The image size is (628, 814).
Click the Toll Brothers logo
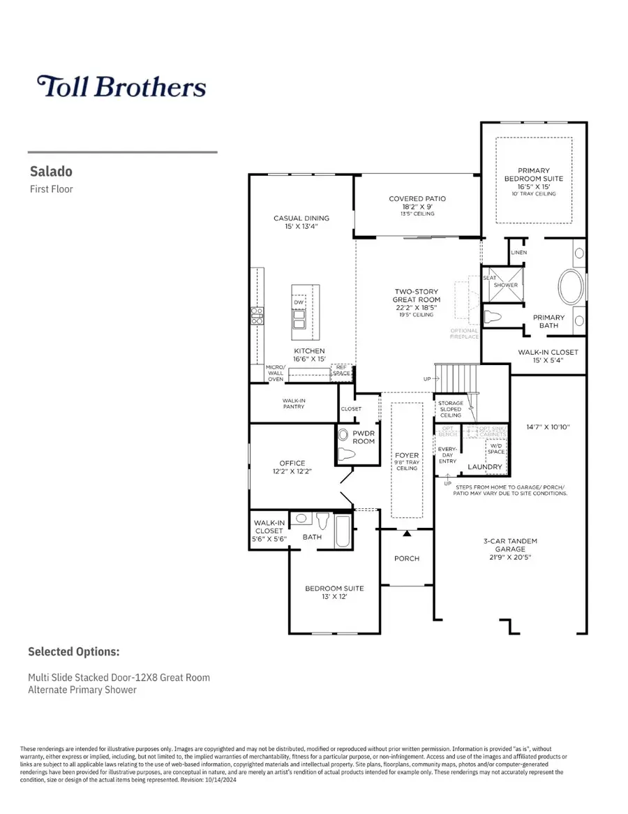121,87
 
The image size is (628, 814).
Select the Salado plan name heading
51,171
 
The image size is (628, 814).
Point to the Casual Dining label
301,222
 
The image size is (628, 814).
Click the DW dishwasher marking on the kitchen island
298,302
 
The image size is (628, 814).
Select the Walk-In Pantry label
293,404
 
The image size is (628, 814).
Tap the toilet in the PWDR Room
347,453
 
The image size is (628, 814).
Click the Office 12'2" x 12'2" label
292,467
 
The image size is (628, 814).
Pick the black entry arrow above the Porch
406,534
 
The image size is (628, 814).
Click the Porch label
406,558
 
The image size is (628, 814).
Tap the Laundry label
484,467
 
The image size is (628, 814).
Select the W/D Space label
497,448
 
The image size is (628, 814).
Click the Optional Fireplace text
464,334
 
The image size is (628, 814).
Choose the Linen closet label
518,252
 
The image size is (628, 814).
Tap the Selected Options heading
73,651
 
